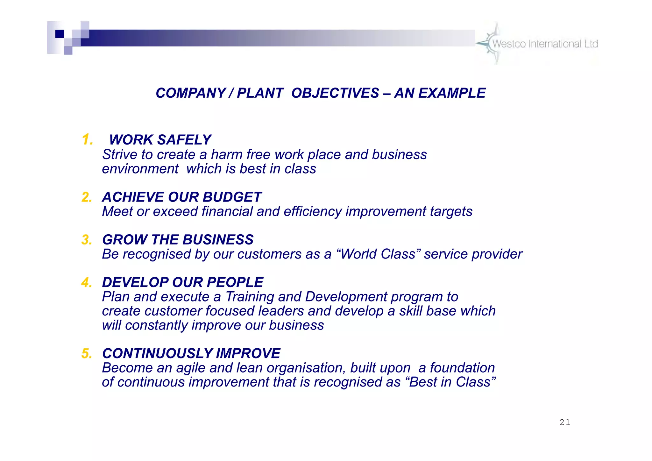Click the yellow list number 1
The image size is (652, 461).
point(87,140)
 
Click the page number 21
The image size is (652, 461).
point(565,422)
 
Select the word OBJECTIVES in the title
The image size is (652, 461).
point(335,93)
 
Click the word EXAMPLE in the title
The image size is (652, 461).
point(452,93)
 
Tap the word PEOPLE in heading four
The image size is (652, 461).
point(235,282)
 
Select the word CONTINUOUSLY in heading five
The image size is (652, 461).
point(157,353)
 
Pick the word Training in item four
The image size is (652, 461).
point(250,297)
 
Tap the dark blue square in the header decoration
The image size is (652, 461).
point(60,34)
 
